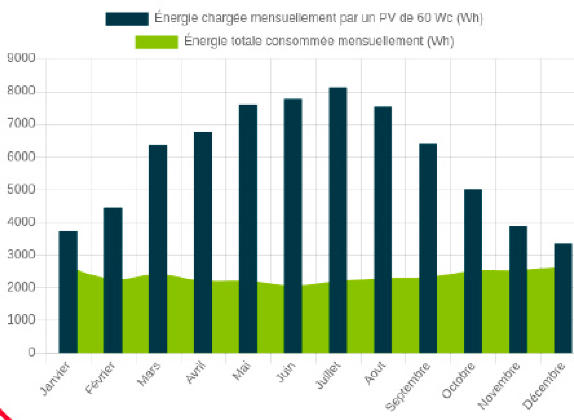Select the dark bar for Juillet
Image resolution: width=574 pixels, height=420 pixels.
338,220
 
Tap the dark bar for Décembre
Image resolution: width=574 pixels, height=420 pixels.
563,298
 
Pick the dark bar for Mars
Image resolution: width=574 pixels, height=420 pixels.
158,249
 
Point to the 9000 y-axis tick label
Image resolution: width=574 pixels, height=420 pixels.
22,58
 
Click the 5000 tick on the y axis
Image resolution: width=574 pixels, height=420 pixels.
22,189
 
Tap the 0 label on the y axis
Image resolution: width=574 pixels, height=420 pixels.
32,352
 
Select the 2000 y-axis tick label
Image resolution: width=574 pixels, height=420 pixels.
22,287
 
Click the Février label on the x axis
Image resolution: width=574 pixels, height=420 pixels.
100,377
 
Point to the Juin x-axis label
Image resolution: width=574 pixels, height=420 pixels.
286,372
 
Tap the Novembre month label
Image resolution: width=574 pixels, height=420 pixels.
499,386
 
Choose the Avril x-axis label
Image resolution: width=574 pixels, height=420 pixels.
195,372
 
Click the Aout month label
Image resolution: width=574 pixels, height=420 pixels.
375,373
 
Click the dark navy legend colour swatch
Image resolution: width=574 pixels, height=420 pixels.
127,19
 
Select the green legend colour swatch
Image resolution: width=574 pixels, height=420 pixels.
156,42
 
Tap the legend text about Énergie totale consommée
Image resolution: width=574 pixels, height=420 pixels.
319,41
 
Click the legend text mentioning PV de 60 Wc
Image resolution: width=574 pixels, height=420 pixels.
318,18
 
